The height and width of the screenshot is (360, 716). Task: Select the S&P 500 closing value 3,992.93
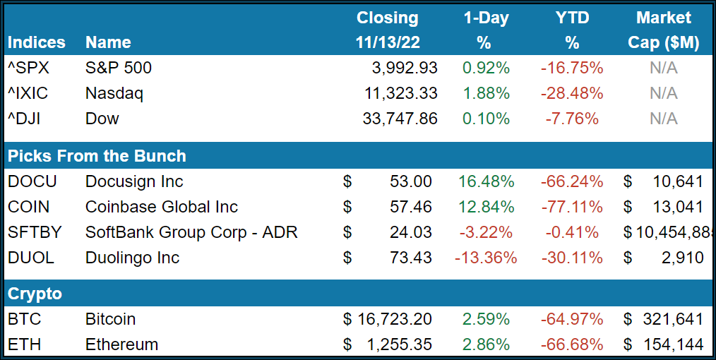coord(404,68)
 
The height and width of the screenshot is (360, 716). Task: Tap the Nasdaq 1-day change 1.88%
coord(486,93)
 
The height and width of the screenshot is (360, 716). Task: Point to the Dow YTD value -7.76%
coord(574,119)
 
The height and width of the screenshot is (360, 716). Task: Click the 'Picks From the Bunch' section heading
coord(97,156)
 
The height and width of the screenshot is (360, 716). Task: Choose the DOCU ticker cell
coord(32,181)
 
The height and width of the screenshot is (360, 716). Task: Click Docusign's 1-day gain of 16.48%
coord(486,181)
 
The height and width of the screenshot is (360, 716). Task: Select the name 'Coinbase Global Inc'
coord(162,207)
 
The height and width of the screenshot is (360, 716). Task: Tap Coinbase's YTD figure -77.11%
coord(572,207)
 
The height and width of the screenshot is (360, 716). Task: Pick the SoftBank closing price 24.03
coord(410,232)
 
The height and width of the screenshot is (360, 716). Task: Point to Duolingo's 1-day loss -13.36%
coord(486,258)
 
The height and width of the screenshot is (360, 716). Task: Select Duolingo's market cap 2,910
coord(682,258)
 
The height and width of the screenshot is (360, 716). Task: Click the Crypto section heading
coord(35,294)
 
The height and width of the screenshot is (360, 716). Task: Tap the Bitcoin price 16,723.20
coord(394,319)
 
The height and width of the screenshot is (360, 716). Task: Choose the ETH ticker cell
coord(25,344)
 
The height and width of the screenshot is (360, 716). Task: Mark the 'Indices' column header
coord(36,42)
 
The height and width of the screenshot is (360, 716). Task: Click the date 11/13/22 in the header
coord(388,42)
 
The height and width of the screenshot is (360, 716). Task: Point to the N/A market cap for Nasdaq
coord(663,93)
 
